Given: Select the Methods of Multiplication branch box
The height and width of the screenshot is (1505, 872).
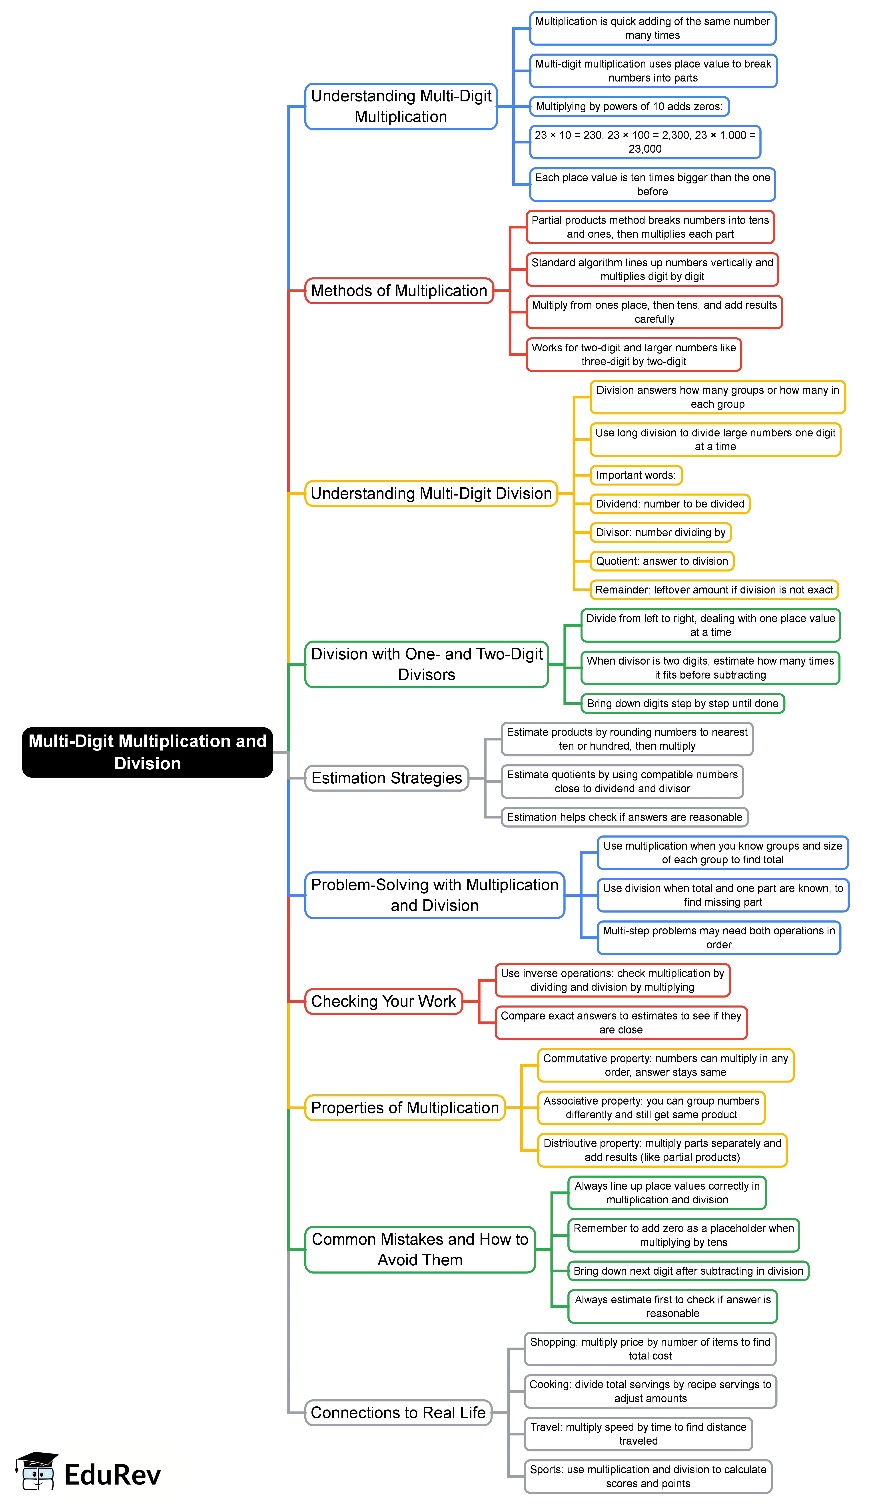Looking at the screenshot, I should point(399,291).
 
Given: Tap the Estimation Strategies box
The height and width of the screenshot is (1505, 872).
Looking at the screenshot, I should point(386,778).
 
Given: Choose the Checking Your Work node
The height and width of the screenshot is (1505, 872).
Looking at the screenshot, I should point(383,1001).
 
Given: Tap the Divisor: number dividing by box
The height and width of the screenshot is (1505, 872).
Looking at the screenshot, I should point(660,533).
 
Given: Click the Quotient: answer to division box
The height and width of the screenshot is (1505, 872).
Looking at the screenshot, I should point(662,561).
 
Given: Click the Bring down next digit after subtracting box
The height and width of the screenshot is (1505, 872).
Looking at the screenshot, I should point(688,1271).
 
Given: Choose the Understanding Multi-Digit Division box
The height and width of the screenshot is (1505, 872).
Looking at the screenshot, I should point(431,494).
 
